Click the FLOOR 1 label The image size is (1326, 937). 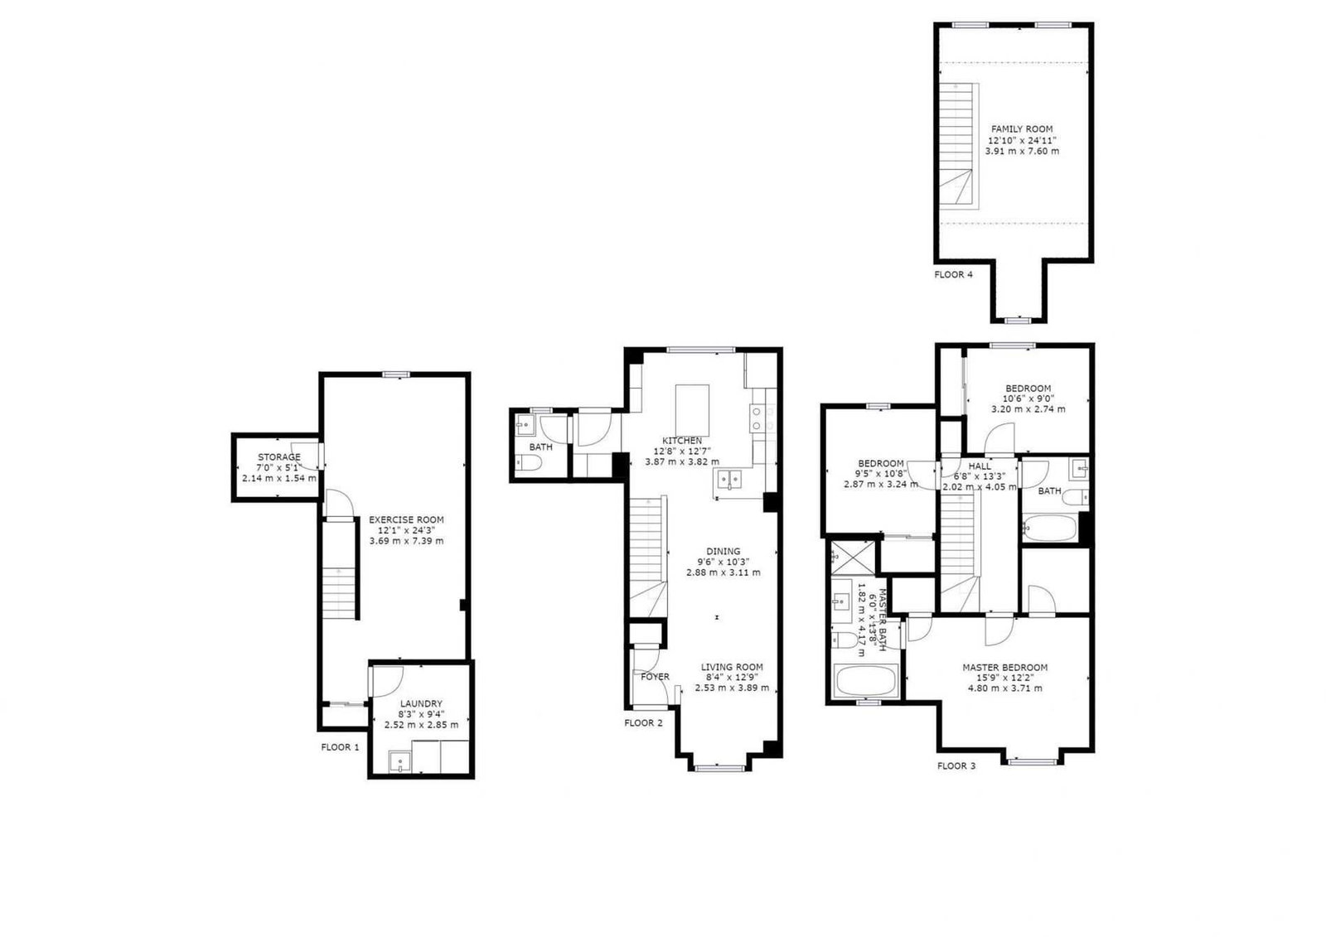tap(340, 746)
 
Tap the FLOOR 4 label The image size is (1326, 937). tap(953, 274)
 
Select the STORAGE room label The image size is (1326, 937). tap(278, 457)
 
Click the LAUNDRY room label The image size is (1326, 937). tap(421, 703)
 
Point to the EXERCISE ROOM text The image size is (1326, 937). tap(406, 519)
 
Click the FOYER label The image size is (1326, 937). tap(655, 677)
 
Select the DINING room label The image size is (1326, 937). tap(723, 551)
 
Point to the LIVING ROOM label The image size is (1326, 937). tap(732, 667)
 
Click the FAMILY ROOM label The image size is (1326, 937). tap(1022, 128)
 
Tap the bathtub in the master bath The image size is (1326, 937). tap(865, 682)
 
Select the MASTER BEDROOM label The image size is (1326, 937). tap(1004, 667)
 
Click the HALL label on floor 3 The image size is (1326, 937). tap(979, 466)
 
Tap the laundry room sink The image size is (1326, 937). tap(400, 760)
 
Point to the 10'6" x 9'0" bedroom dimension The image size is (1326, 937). tap(1028, 398)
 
